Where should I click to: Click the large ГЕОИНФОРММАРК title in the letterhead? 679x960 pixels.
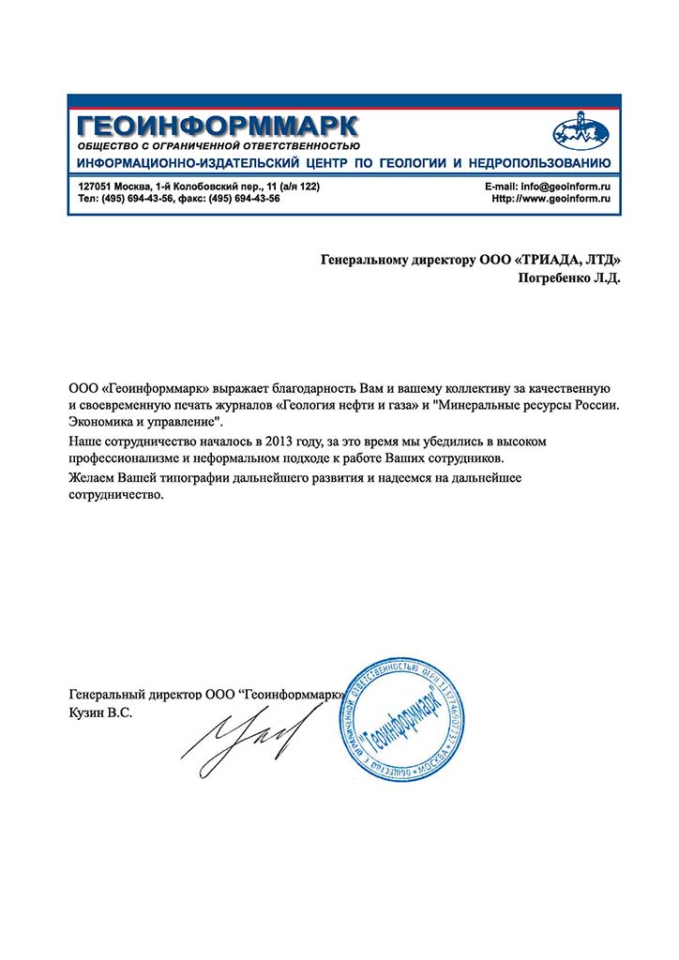pyautogui.click(x=218, y=125)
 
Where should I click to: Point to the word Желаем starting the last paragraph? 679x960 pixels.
pyautogui.click(x=93, y=478)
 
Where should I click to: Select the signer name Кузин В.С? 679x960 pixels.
pyautogui.click(x=101, y=713)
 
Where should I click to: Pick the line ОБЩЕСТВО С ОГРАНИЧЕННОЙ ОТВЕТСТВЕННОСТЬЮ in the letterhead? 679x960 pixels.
pyautogui.click(x=219, y=145)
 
